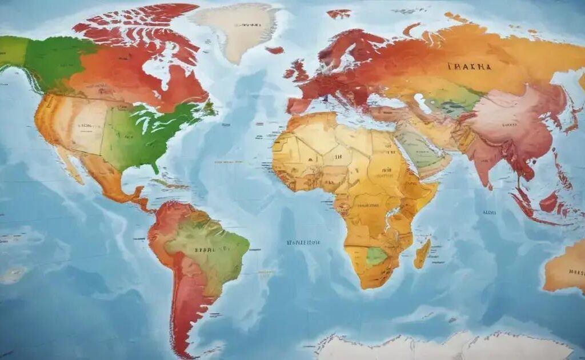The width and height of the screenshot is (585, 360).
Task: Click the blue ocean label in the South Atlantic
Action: tap(303, 242)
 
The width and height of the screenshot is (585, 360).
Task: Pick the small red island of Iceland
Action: tap(275, 50)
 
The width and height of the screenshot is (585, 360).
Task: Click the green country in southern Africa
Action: tap(376, 257)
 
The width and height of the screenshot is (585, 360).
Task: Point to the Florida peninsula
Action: tap(154, 167)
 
